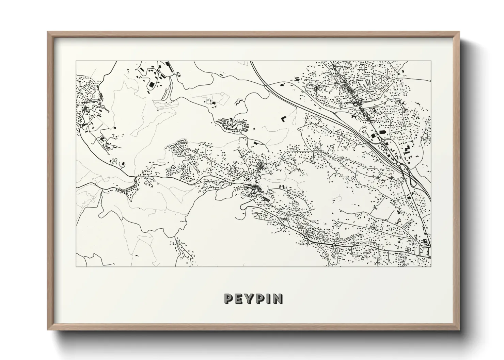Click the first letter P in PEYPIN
(x=229, y=299)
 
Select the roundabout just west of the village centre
(x=230, y=184)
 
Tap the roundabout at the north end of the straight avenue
(x=382, y=140)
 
